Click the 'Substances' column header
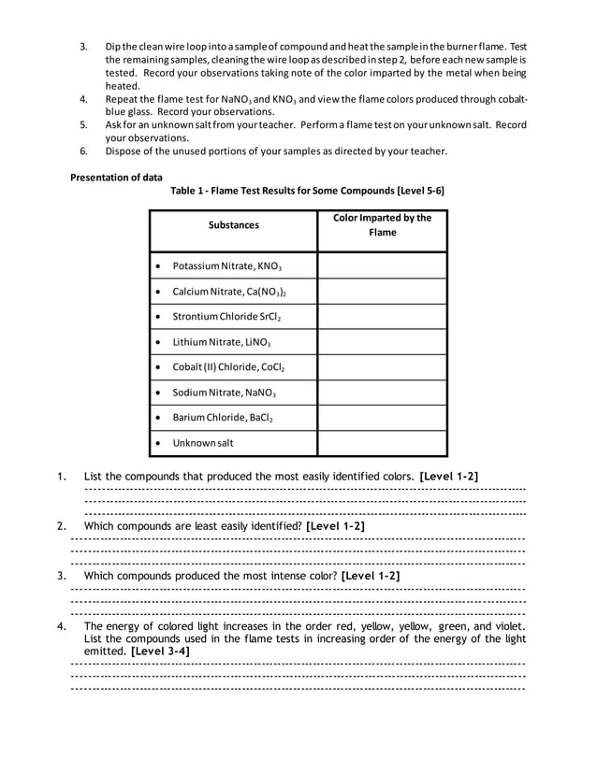click(233, 225)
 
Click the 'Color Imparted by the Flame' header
click(382, 225)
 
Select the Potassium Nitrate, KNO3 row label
click(227, 266)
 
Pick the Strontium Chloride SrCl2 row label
click(226, 317)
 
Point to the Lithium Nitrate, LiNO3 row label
click(221, 342)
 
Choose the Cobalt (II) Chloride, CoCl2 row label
click(229, 367)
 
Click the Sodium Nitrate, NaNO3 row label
click(224, 393)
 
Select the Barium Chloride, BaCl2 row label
click(223, 418)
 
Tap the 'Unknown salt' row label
click(203, 443)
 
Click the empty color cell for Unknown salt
click(382, 443)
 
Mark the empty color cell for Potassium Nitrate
click(382, 266)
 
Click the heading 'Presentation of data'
click(116, 177)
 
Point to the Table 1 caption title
click(307, 191)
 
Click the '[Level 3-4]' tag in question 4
click(161, 650)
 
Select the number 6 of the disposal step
click(82, 151)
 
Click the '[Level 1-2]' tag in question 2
click(335, 526)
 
